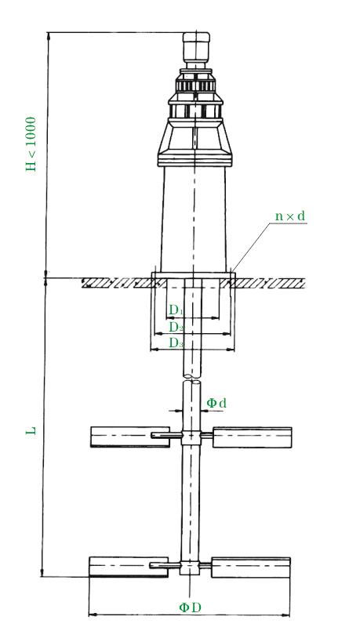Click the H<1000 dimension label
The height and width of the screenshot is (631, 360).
coord(31,144)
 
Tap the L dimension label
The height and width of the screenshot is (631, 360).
coord(31,430)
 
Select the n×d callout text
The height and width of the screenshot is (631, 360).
coord(290,216)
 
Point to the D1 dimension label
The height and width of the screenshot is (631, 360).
coord(176,310)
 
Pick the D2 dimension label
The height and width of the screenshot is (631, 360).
coord(176,327)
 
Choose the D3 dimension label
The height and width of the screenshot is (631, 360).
coord(176,343)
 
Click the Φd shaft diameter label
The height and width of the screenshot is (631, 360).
coord(216,403)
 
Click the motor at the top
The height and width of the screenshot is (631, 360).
coord(196,48)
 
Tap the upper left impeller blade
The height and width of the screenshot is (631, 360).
coord(130,437)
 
